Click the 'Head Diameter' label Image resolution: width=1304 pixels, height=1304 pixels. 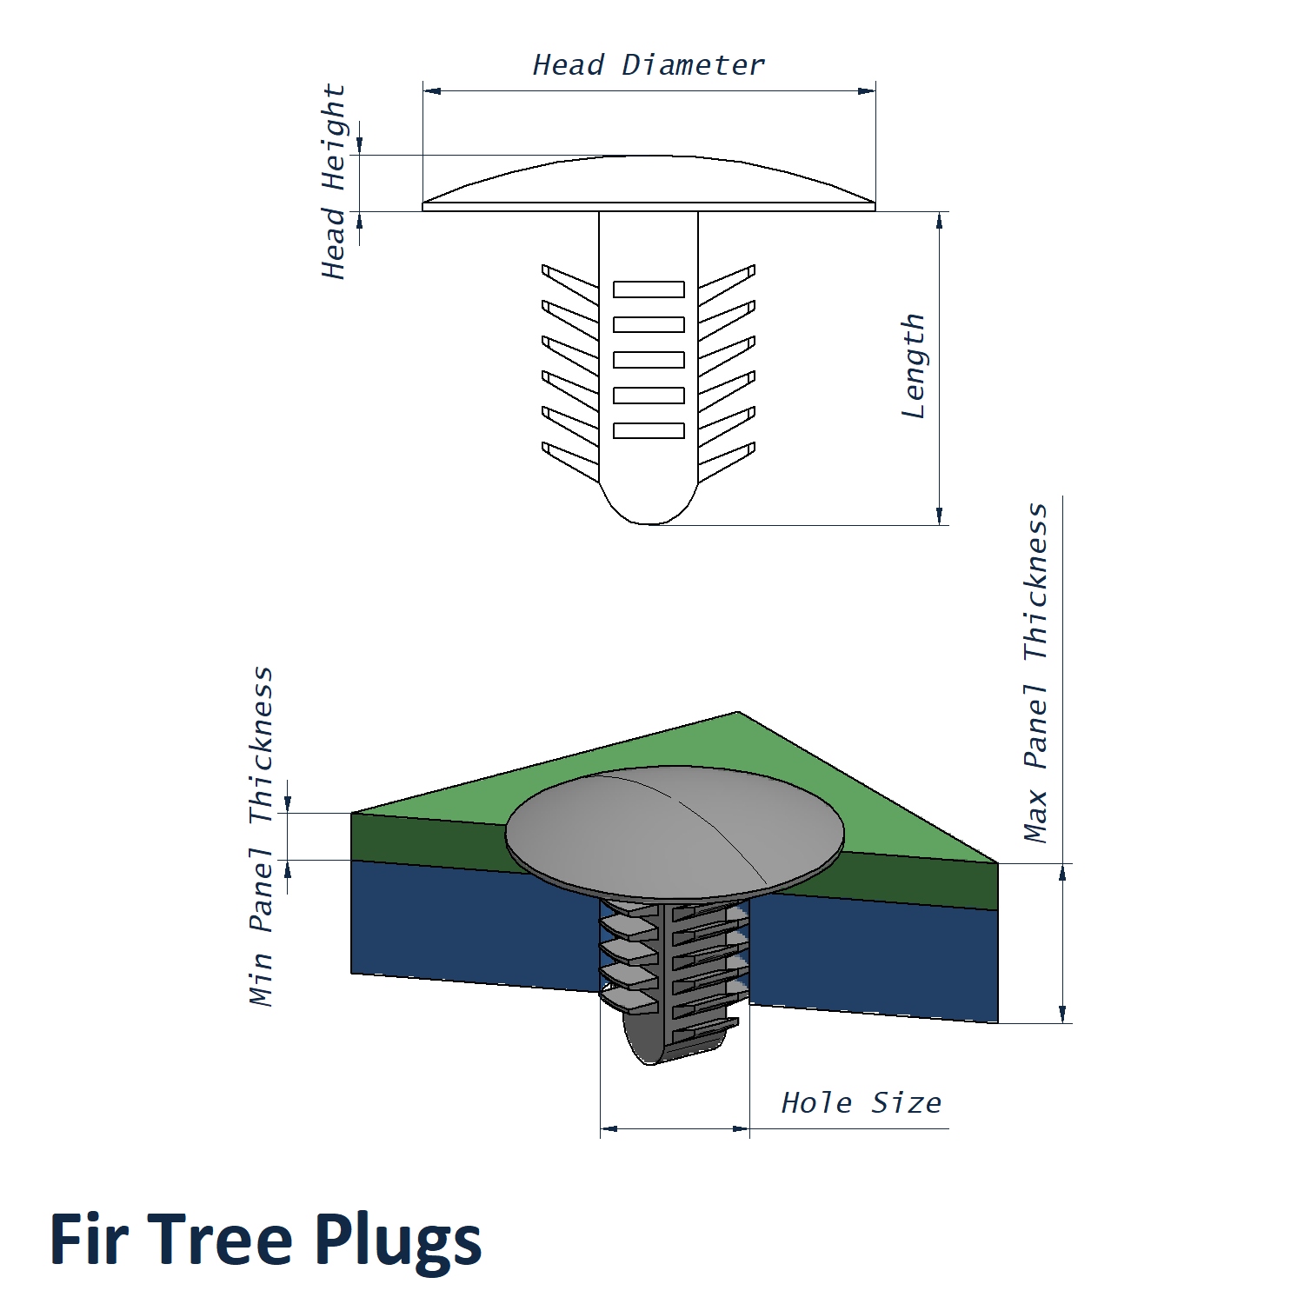[649, 65]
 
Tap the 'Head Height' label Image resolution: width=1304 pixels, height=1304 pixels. [334, 182]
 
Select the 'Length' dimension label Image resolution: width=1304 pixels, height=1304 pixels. [913, 366]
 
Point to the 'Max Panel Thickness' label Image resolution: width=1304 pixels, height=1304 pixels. [1035, 673]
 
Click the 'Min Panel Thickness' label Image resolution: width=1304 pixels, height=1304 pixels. [261, 836]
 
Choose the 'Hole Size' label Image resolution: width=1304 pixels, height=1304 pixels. [861, 1103]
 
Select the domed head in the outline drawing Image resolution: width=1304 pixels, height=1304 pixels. [649, 183]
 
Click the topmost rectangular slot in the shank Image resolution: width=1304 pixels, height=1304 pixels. [649, 289]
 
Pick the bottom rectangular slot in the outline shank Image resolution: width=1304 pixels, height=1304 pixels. [649, 430]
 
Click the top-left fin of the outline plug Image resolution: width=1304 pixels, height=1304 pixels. [569, 283]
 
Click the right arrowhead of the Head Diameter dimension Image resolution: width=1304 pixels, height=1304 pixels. [868, 90]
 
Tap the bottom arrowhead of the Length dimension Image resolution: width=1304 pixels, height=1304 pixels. [940, 516]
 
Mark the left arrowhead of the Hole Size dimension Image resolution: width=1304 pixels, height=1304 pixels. [609, 1129]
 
